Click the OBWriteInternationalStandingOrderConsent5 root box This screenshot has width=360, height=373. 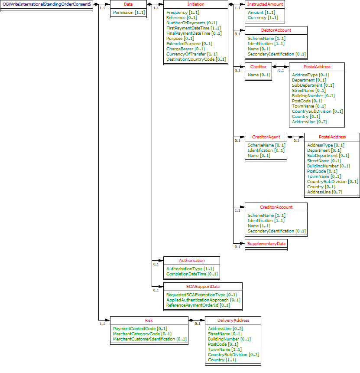46,4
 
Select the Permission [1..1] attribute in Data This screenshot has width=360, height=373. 129,13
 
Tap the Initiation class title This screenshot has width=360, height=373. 196,4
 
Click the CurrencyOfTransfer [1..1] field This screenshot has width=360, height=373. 191,54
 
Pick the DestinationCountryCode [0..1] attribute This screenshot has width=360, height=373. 196,59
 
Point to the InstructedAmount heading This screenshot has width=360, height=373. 265,4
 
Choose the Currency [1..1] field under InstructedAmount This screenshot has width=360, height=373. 263,18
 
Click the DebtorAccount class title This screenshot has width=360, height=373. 276,30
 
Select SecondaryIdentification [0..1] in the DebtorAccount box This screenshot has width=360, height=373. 277,54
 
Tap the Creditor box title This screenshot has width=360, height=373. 258,66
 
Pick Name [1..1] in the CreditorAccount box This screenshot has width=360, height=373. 259,226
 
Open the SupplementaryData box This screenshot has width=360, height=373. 266,244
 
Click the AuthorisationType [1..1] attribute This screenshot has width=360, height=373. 190,268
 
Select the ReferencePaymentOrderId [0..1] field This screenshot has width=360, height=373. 198,305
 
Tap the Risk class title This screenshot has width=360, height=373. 149,320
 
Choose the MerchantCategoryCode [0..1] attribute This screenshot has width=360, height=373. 142,334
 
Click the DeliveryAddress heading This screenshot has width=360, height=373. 233,320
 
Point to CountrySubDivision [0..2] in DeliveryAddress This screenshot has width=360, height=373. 233,354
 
